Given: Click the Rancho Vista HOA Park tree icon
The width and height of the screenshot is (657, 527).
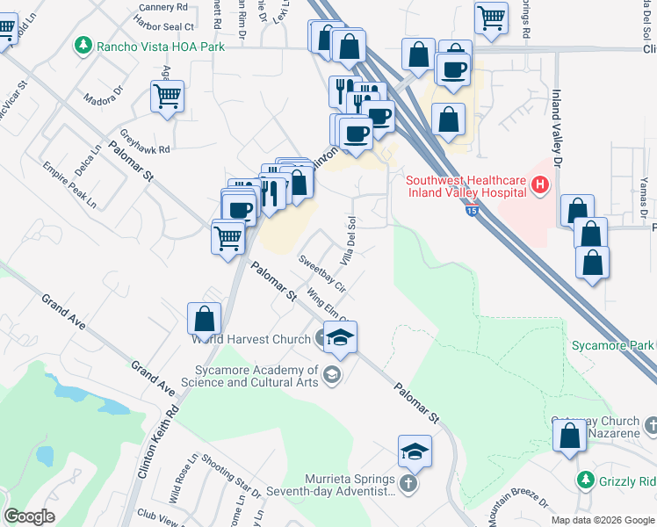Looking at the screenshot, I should (83, 44).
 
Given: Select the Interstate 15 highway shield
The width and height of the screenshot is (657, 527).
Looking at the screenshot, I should (473, 211).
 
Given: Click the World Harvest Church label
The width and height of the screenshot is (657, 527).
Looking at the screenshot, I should (250, 338).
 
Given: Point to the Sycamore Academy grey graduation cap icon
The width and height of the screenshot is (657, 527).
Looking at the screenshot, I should (331, 376).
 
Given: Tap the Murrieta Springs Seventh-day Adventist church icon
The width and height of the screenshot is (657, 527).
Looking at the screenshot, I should (408, 484).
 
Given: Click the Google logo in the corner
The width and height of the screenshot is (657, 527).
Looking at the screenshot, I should (29, 516).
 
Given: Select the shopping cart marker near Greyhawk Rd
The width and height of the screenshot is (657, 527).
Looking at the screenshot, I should (167, 97).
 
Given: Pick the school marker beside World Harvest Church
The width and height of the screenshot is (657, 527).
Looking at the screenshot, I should (340, 337).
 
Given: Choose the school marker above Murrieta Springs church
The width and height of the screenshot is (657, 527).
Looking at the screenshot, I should (415, 451).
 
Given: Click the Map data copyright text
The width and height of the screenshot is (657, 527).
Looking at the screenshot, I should (603, 520).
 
